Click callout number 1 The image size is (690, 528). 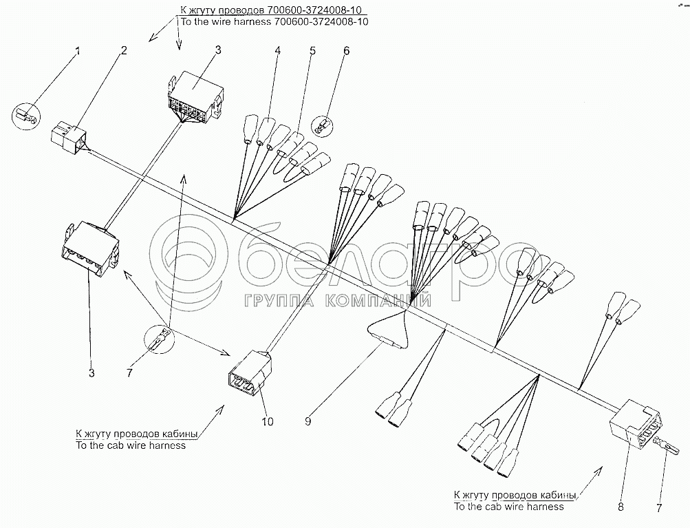pyautogui.click(x=78, y=51)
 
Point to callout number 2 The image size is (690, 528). pyautogui.click(x=125, y=50)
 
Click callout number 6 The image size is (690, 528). pyautogui.click(x=346, y=50)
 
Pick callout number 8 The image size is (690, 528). pyautogui.click(x=621, y=507)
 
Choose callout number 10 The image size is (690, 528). pyautogui.click(x=268, y=421)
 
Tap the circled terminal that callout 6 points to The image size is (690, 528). pyautogui.click(x=321, y=126)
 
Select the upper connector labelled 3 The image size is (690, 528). pyautogui.click(x=195, y=97)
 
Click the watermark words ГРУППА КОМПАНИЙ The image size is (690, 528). pyautogui.click(x=338, y=299)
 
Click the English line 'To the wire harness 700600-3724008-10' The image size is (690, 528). pyautogui.click(x=274, y=21)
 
